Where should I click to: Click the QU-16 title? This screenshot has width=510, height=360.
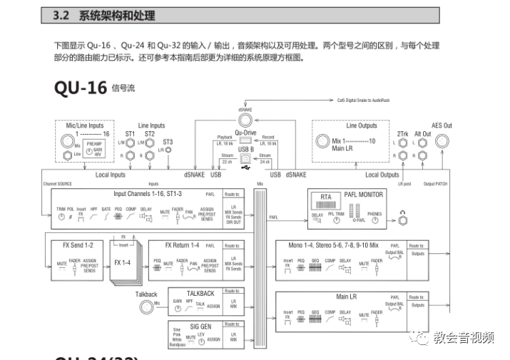tap(80, 88)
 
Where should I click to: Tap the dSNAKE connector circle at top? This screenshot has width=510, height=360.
tap(245, 118)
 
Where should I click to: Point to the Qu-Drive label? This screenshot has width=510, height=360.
tap(245, 133)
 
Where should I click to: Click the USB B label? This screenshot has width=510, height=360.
tap(246, 149)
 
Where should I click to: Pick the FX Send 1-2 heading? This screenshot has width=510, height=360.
tap(78, 245)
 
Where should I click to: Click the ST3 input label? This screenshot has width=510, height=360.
tap(167, 142)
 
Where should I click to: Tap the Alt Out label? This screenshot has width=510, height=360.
tap(423, 134)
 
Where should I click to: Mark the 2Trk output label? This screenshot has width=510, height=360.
tap(402, 134)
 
